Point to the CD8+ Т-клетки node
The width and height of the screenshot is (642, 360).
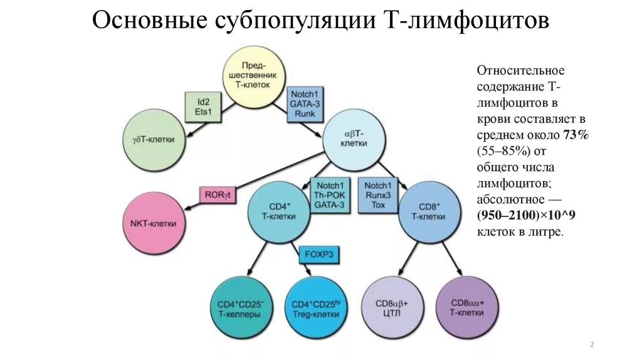tap(428, 211)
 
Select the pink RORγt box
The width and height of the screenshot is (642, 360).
tap(218, 194)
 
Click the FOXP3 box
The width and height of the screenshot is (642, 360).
tap(319, 255)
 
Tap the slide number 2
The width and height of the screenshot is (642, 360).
tap(592, 346)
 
